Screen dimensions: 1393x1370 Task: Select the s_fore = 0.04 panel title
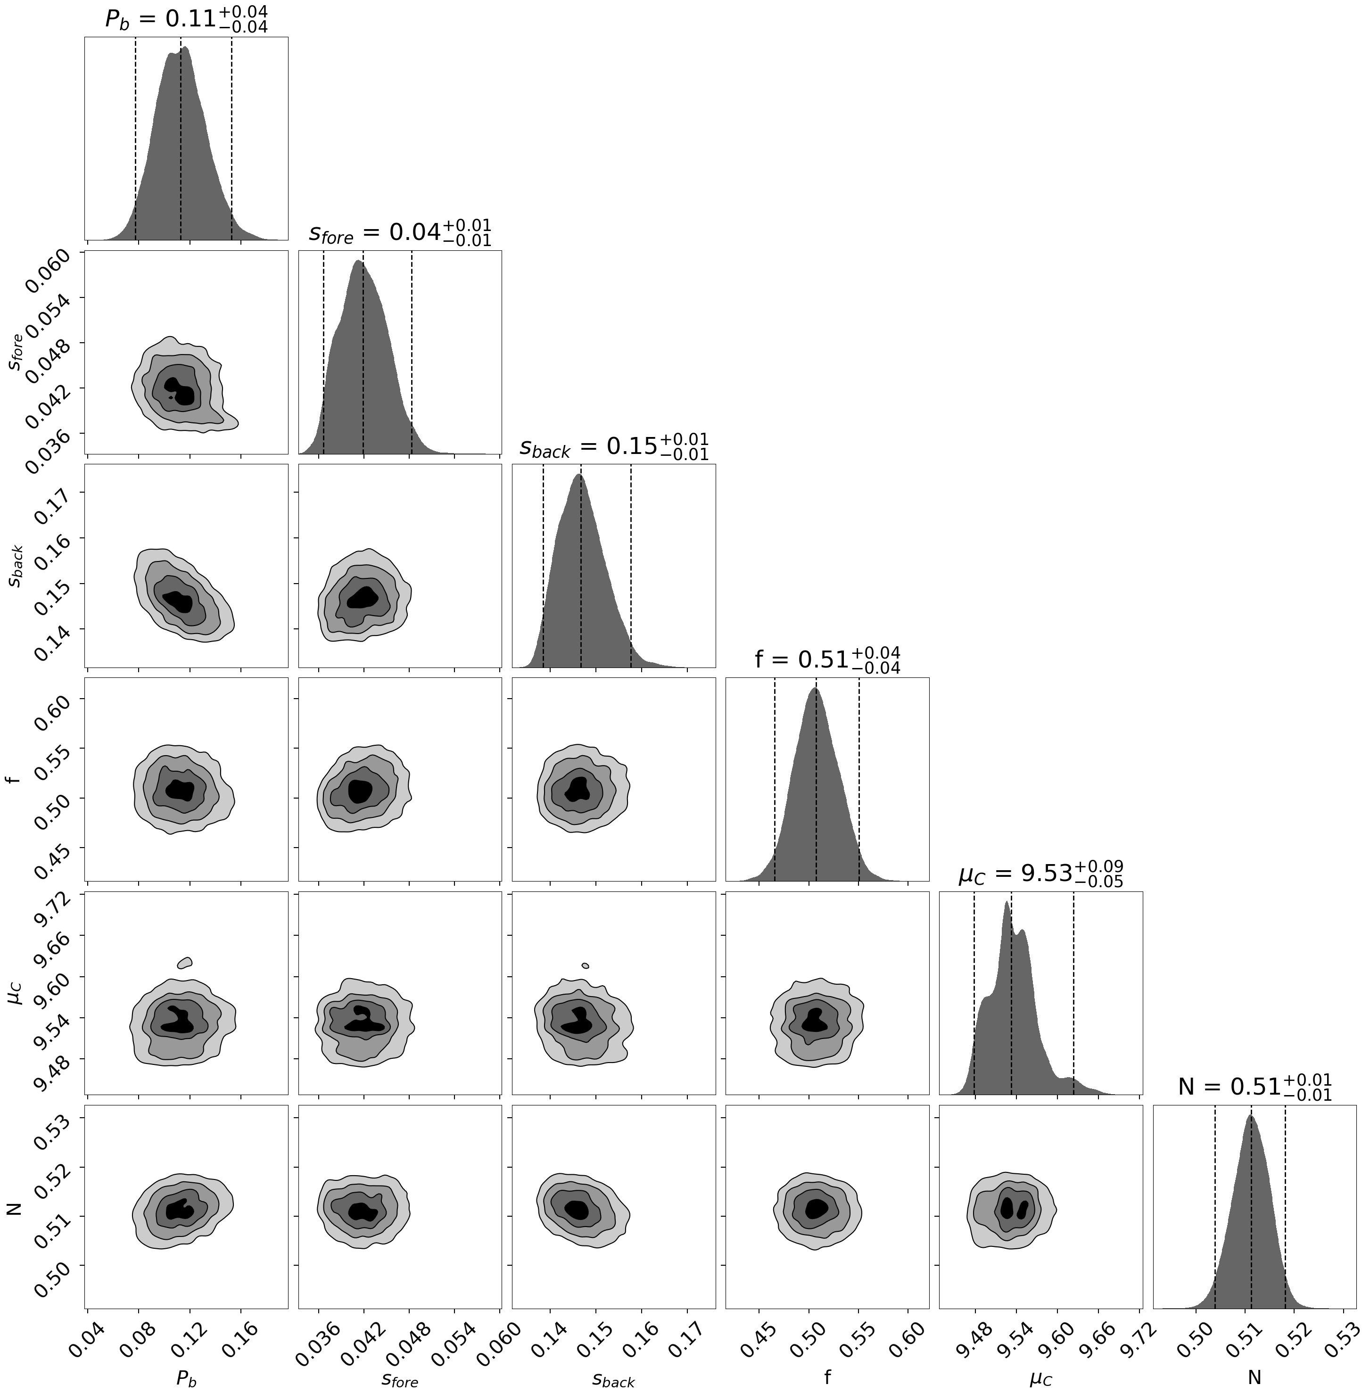(x=400, y=233)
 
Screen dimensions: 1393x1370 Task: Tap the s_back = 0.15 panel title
(x=614, y=447)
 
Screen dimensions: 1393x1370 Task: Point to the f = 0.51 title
(x=827, y=660)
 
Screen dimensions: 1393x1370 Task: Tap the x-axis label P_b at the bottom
(x=186, y=1377)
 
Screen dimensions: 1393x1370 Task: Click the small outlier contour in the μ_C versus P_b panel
(x=185, y=963)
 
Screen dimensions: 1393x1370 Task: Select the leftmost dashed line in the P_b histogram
(x=135, y=137)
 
